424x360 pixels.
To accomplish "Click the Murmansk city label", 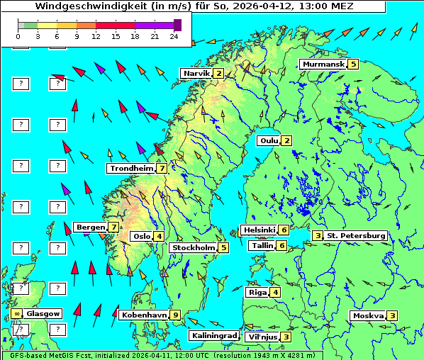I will click(323, 64).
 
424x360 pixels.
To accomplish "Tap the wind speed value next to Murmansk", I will click(353, 64).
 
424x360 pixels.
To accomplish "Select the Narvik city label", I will click(197, 74).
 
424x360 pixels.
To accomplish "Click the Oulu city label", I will click(269, 140).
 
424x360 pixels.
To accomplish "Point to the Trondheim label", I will click(131, 169).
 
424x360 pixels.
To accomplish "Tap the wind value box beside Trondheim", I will click(162, 169).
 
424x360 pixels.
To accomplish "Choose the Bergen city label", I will click(90, 227).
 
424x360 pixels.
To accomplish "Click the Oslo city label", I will click(141, 237).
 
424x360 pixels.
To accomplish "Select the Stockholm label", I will click(193, 248).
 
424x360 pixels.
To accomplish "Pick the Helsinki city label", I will click(259, 230).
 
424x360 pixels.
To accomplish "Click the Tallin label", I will click(262, 246).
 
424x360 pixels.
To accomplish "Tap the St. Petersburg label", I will click(356, 235).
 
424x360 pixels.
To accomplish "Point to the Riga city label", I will click(257, 292).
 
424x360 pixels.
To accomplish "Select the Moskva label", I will click(368, 316).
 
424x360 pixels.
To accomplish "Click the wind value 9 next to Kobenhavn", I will click(176, 315).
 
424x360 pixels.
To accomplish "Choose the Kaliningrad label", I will click(213, 336).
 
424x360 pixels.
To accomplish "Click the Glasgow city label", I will click(43, 313).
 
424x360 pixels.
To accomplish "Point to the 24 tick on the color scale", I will click(174, 35).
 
